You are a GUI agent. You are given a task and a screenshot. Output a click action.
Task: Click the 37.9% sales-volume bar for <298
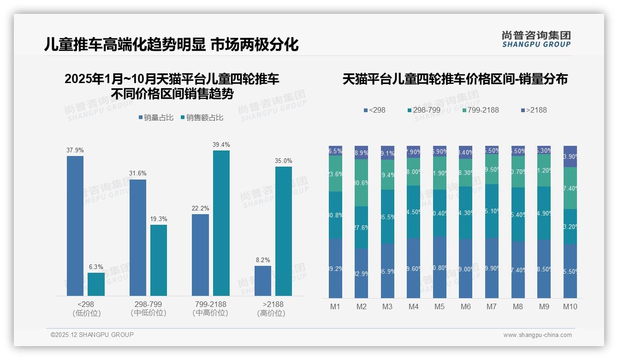[75, 226]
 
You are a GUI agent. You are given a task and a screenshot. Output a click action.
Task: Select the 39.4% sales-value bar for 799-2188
[221, 223]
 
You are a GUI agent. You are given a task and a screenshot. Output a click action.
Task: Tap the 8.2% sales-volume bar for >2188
[263, 281]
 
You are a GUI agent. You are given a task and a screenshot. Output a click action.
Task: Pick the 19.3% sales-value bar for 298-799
[159, 260]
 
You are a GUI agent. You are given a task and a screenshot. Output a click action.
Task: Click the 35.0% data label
[284, 161]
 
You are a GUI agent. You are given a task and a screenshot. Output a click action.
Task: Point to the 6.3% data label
[96, 267]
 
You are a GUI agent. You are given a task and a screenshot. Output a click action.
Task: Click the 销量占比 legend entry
[156, 118]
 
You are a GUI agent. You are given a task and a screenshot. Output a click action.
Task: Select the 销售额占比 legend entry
[202, 118]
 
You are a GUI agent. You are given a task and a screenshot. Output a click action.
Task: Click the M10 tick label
[570, 306]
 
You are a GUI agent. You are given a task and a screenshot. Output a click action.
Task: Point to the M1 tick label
[335, 306]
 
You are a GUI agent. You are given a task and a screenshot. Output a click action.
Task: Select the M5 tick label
[440, 306]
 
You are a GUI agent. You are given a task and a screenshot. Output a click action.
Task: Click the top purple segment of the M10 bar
[570, 156]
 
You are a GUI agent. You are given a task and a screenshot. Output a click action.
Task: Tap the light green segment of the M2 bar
[362, 183]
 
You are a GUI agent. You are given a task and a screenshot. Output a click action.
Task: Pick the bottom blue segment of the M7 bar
[492, 268]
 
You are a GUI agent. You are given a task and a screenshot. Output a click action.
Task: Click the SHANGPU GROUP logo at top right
[536, 39]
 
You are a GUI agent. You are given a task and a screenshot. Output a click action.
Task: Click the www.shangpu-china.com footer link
[537, 335]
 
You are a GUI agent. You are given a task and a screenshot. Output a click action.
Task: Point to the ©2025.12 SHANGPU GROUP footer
[92, 335]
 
